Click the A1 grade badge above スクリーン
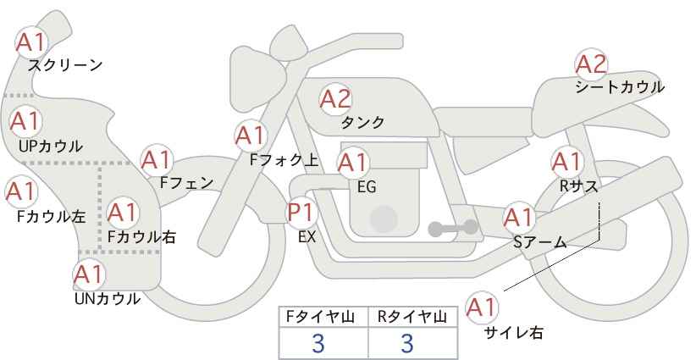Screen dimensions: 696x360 click(31, 42)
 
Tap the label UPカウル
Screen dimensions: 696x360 click(51, 146)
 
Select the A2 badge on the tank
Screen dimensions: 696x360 click(335, 99)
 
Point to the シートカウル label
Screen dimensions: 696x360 click(620, 87)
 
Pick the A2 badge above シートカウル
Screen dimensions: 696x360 click(591, 64)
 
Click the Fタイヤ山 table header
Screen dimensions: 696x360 click(320, 317)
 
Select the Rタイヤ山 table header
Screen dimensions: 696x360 click(412, 317)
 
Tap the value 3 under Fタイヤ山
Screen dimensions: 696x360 click(318, 343)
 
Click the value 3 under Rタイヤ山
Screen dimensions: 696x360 click(406, 343)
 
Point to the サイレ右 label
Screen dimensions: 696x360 click(514, 333)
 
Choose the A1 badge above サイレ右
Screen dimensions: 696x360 click(482, 307)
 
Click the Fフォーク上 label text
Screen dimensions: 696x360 click(284, 160)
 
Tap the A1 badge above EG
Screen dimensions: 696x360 click(352, 163)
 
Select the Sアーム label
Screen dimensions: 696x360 click(540, 242)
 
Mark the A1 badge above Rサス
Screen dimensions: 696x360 click(566, 163)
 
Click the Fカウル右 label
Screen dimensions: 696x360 click(142, 237)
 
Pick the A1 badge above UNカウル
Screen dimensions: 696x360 click(89, 275)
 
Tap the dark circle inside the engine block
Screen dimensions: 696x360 click(384, 219)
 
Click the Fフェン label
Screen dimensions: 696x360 click(186, 183)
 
